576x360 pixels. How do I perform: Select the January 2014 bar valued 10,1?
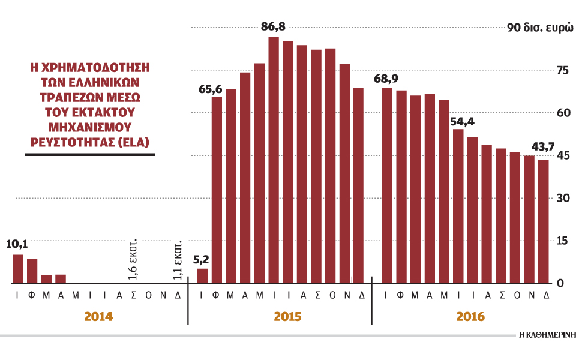18,269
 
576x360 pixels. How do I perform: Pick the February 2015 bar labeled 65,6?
217,190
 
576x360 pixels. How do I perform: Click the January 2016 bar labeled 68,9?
387,185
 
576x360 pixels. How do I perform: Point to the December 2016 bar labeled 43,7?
544,221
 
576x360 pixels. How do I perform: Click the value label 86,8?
274,27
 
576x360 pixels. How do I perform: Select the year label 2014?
98,316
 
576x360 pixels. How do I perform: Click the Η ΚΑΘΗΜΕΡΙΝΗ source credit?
547,335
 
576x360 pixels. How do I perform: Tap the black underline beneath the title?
90,155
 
